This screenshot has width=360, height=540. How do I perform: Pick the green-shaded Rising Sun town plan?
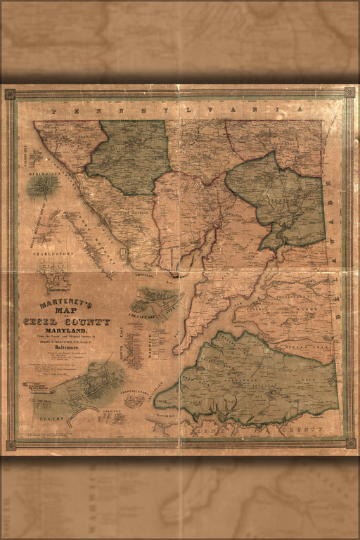point(43,186)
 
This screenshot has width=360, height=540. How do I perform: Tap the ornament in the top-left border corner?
point(10,94)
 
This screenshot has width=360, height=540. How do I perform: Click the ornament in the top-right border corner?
point(349,92)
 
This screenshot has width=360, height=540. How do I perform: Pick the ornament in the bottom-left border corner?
point(11,445)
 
